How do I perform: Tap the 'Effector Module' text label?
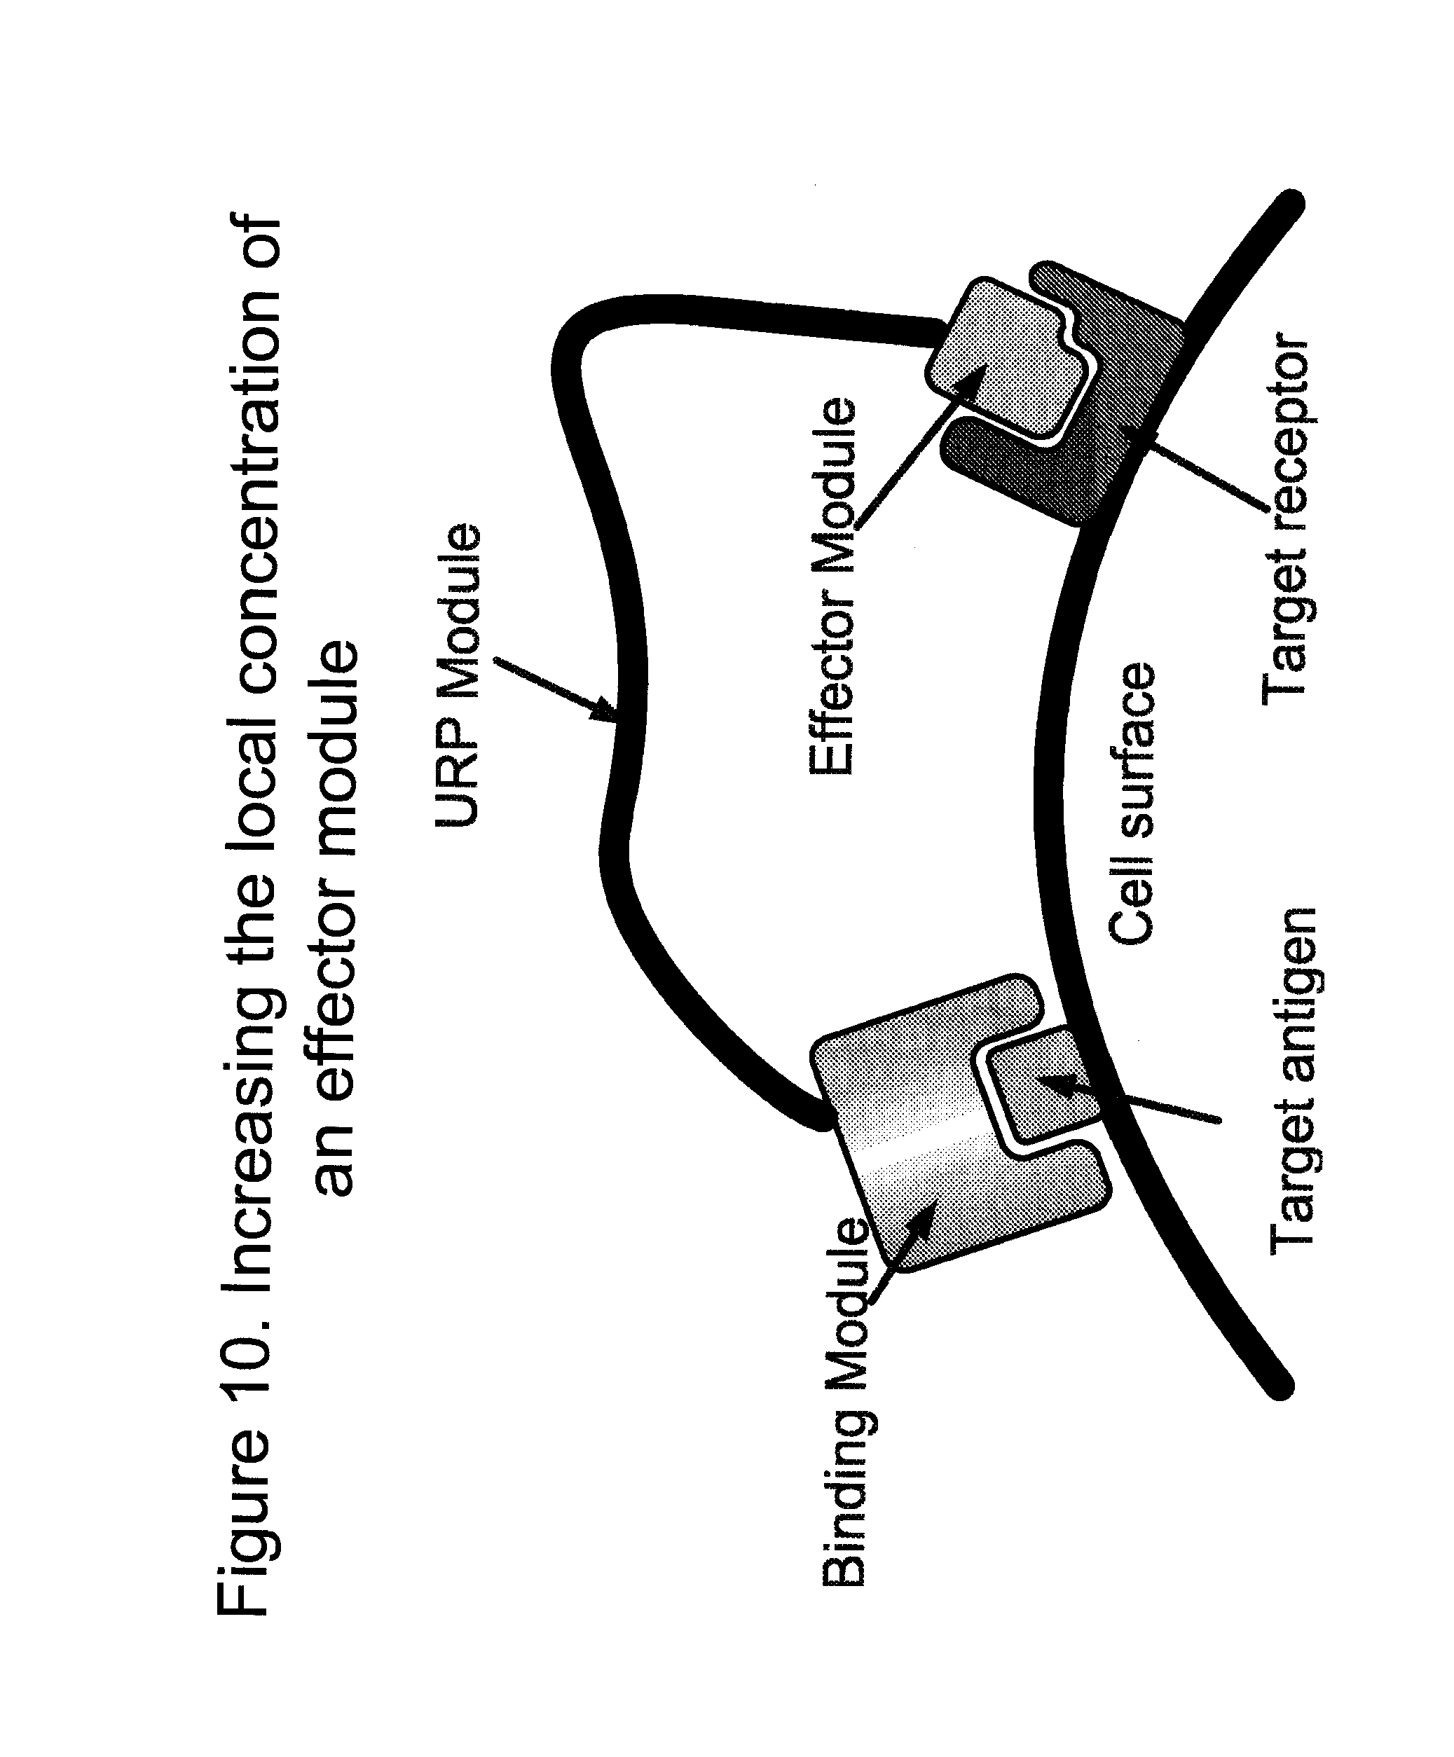[x=833, y=586]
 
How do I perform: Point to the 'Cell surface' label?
[x=1132, y=804]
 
